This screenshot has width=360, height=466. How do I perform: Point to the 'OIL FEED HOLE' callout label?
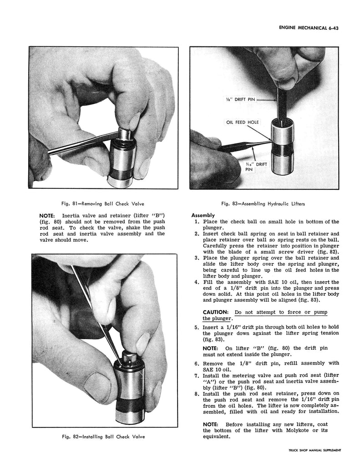[x=241, y=122]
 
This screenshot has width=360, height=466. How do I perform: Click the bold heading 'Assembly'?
[x=203, y=215]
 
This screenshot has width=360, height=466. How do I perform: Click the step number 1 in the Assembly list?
[x=196, y=222]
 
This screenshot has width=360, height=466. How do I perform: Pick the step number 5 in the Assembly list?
[x=196, y=327]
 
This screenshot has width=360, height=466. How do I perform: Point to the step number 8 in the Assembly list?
[x=196, y=393]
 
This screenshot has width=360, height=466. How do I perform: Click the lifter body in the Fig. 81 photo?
[x=122, y=162]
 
